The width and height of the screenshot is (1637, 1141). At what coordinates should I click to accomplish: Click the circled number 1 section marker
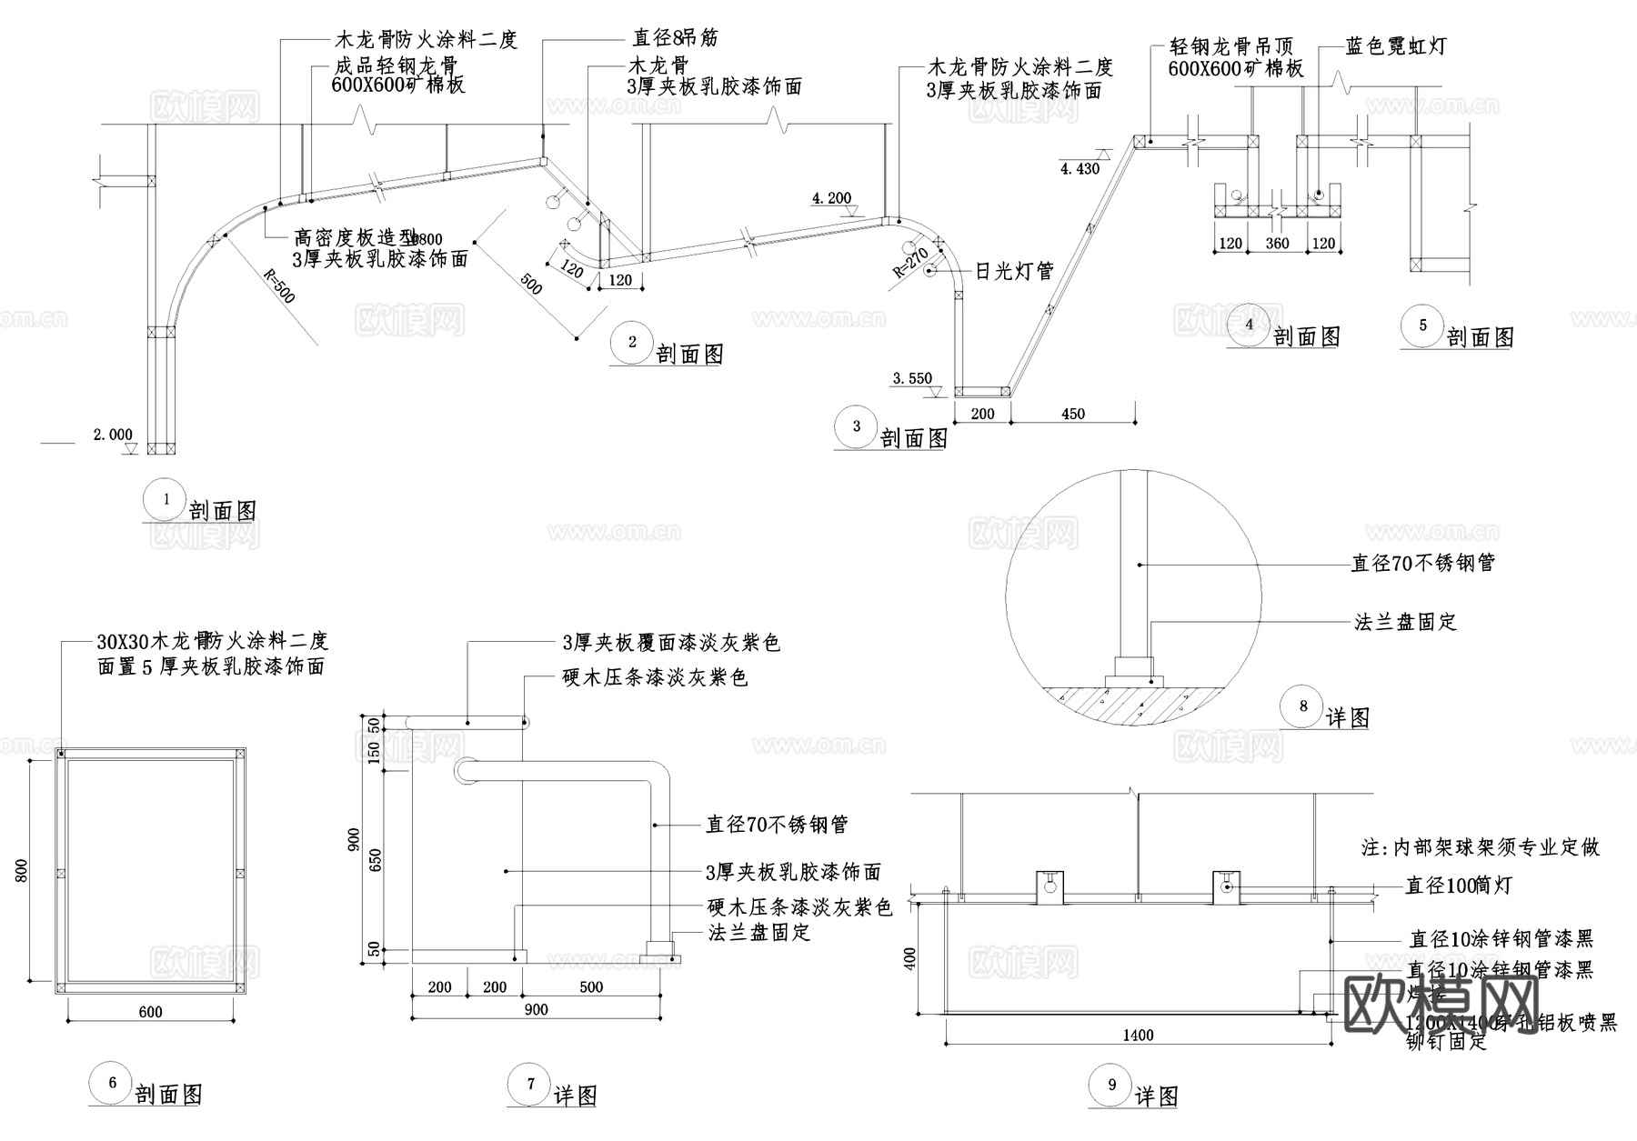(x=166, y=499)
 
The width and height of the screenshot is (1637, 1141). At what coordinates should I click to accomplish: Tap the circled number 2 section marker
(x=633, y=343)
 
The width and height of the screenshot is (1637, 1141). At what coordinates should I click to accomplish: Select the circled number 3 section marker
(x=857, y=426)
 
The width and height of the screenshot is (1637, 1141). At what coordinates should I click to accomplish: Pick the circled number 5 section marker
(x=1423, y=325)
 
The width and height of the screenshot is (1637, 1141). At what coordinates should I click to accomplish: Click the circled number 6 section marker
(x=113, y=1083)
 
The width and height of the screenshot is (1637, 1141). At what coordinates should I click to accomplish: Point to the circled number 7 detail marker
(x=531, y=1084)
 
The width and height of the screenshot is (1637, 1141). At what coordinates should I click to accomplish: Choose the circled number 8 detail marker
(x=1303, y=706)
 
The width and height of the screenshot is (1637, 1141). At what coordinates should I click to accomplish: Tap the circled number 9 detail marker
(x=1112, y=1085)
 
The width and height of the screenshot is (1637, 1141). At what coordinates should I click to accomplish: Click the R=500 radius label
(x=278, y=285)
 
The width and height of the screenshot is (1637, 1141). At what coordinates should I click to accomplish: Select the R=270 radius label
(x=909, y=261)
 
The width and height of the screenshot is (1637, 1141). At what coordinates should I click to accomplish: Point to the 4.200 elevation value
(x=831, y=198)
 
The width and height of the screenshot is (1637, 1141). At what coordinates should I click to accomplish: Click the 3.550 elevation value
(x=912, y=379)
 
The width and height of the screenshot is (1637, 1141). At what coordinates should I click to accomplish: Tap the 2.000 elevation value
(x=113, y=435)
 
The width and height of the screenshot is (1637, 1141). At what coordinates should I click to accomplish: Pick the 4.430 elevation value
(x=1080, y=168)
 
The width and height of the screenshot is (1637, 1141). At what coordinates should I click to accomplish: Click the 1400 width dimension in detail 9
(x=1138, y=1035)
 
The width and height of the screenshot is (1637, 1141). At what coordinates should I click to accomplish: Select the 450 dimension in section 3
(x=1073, y=415)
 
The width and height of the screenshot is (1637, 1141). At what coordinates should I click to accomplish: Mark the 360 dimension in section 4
(x=1277, y=244)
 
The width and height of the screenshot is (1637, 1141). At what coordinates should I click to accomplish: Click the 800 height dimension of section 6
(x=23, y=871)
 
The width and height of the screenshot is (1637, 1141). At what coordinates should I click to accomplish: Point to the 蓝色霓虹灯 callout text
(x=1396, y=46)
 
